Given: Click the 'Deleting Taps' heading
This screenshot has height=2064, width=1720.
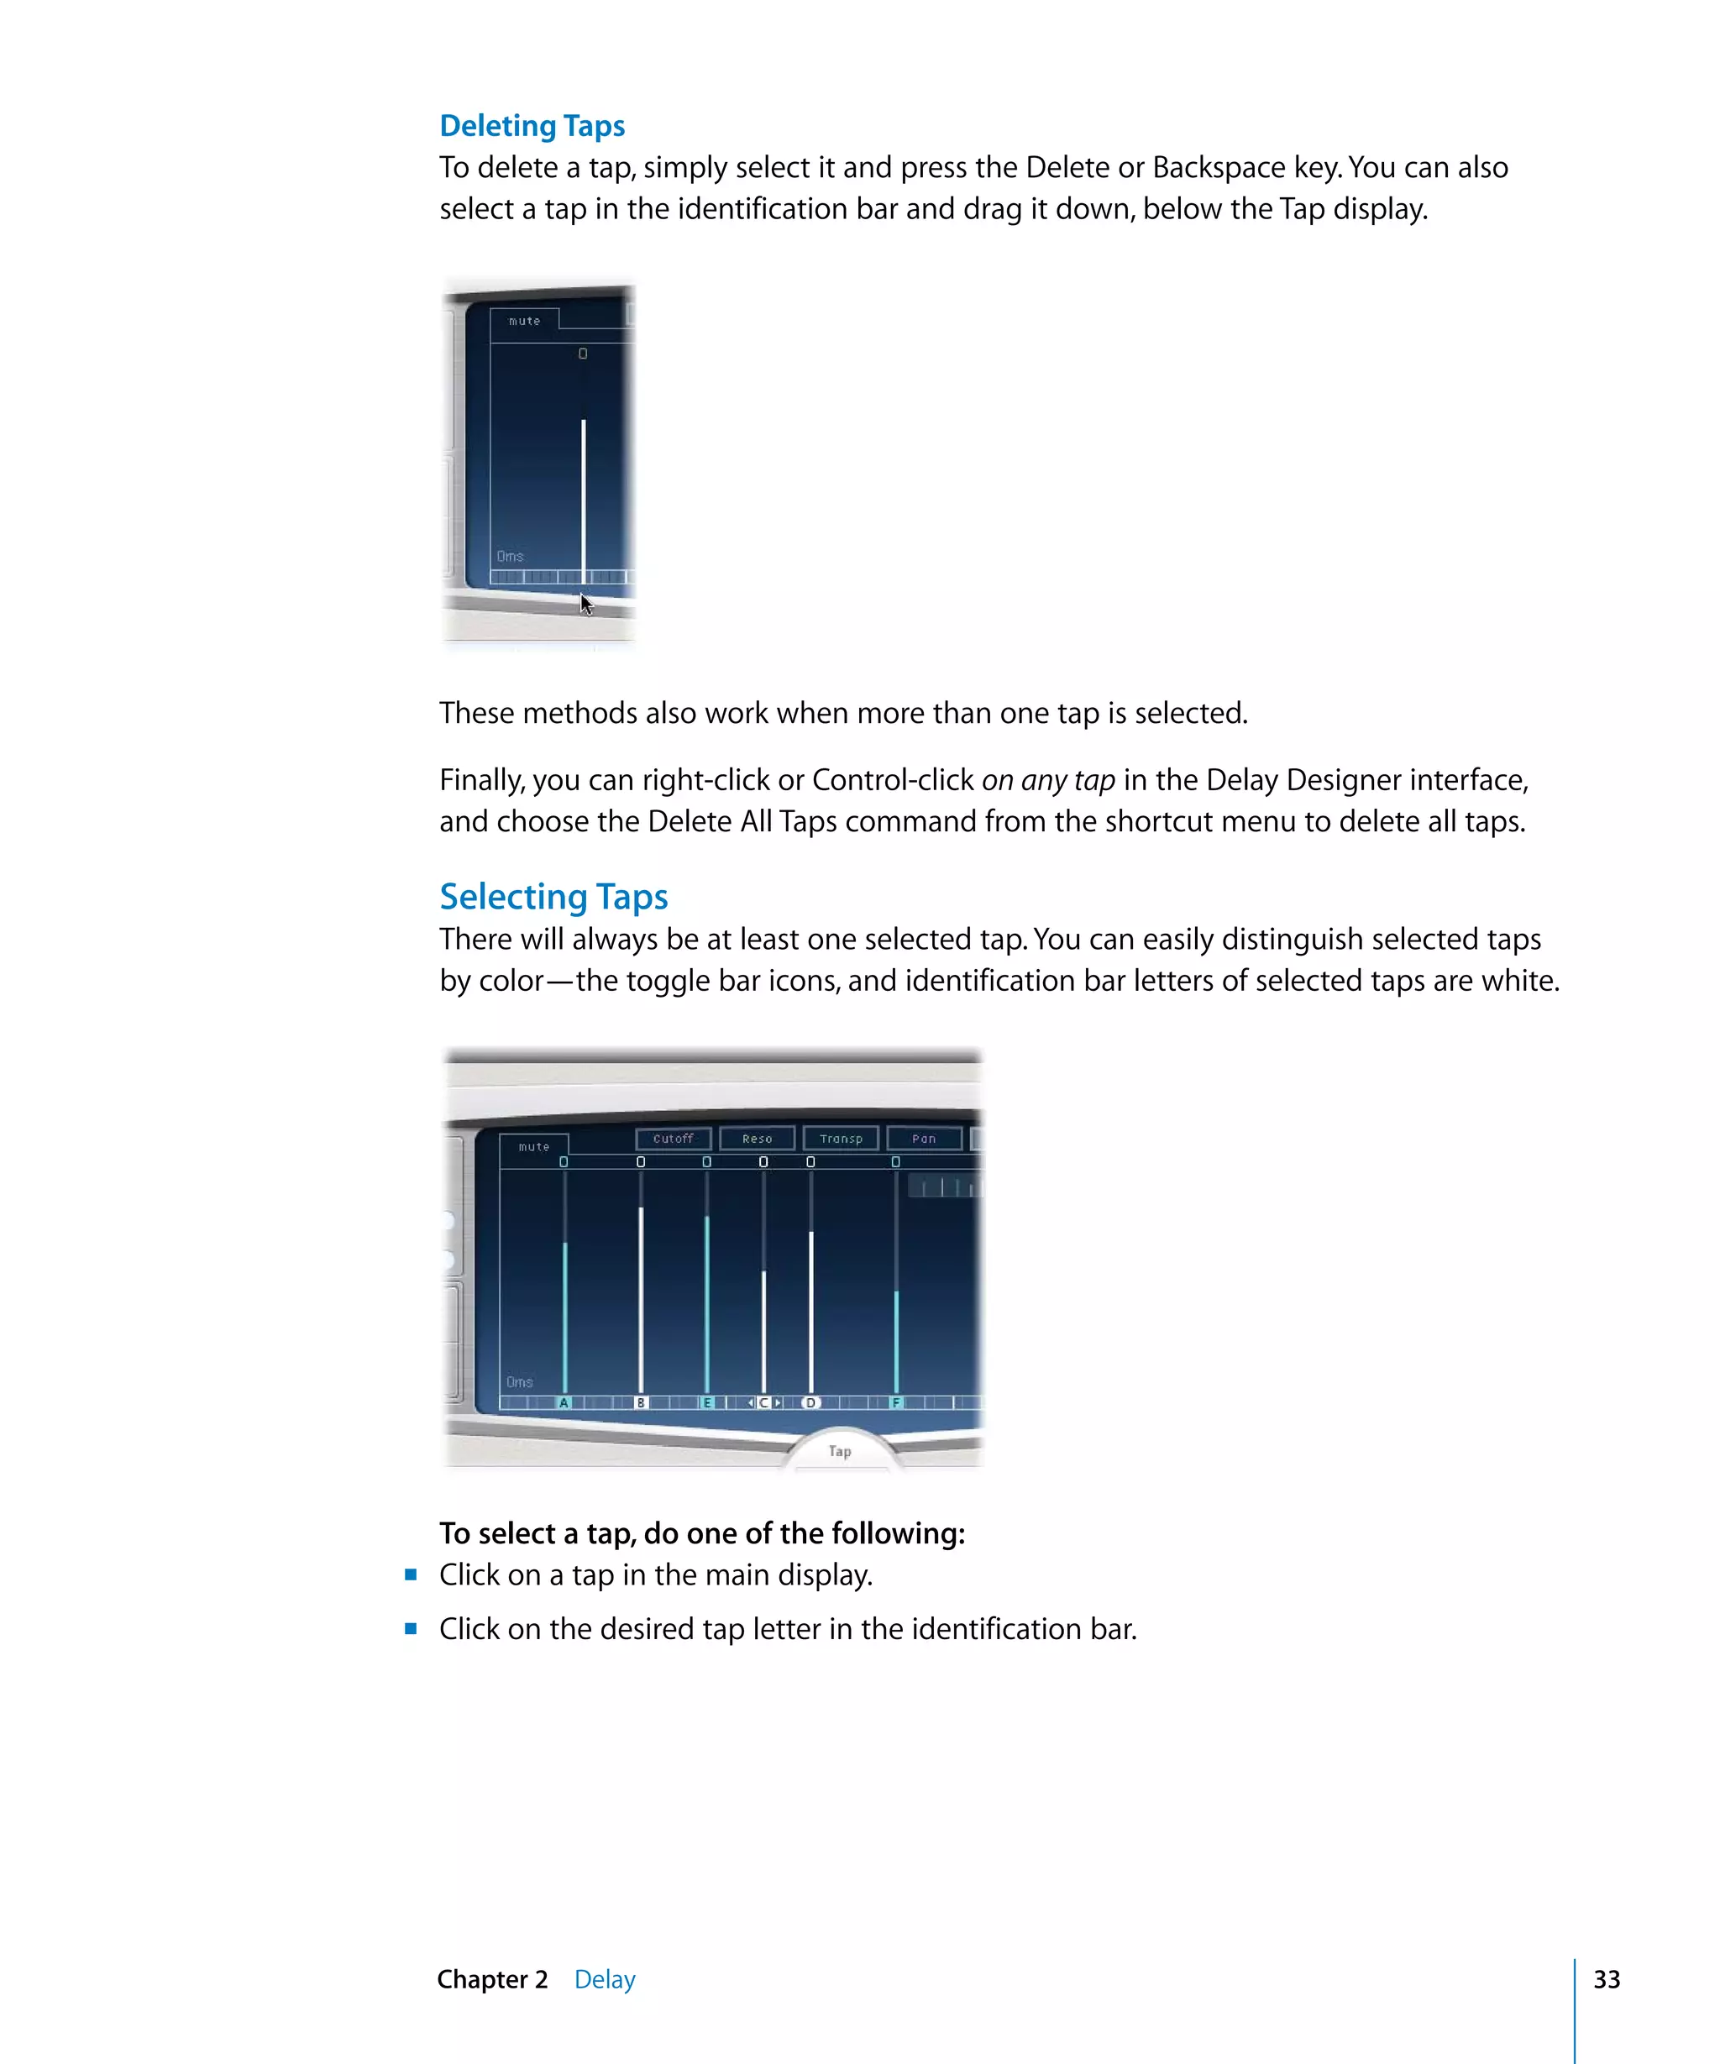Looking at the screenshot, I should point(532,126).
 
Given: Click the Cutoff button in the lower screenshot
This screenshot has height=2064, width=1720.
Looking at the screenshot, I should point(674,1138).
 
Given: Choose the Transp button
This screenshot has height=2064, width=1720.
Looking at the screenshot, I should point(841,1138).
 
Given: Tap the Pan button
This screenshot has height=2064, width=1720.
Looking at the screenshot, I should point(924,1138).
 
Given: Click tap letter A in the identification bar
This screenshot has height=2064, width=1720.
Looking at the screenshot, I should point(564,1402).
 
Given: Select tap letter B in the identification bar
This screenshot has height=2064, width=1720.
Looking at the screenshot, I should point(641,1402).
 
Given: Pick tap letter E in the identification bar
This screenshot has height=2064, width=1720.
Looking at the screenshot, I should point(706,1402).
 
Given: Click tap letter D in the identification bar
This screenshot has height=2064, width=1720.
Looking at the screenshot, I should point(810,1402).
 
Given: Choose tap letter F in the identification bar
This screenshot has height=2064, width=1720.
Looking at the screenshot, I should point(896,1402).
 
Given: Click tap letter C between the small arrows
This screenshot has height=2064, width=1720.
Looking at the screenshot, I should point(763,1402).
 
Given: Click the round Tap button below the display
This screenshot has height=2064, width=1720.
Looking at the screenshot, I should point(839,1451).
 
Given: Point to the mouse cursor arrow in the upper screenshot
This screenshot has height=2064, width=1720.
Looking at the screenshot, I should point(585,604).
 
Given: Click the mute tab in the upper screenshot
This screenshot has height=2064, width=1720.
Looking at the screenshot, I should point(524,321).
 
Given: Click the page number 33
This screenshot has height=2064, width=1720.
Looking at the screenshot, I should point(1606,1978).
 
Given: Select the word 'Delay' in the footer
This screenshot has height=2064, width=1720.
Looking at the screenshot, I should point(605,1978).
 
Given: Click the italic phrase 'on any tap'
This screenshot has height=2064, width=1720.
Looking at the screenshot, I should point(1048,780).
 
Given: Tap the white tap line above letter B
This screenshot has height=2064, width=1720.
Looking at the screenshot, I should point(641,1297).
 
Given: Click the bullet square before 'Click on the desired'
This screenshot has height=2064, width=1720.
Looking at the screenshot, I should point(411,1628).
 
